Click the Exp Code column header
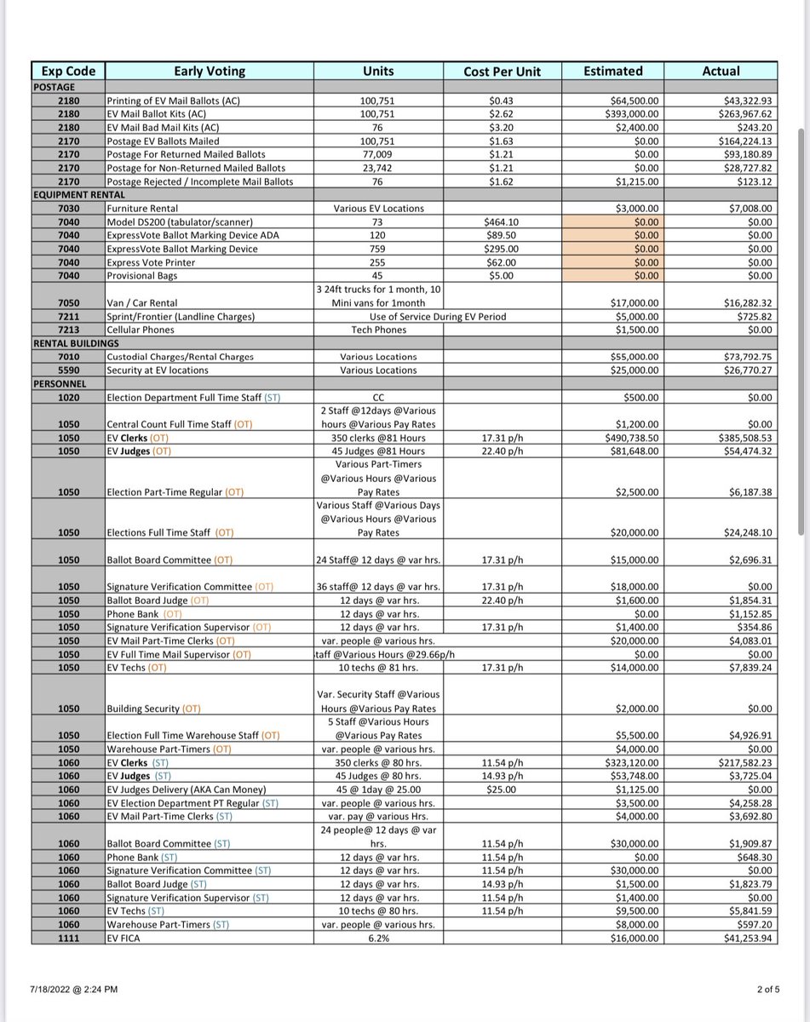pyautogui.click(x=67, y=71)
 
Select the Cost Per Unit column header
pyautogui.click(x=502, y=72)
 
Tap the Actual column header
pyautogui.click(x=721, y=71)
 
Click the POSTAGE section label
pyautogui.click(x=55, y=87)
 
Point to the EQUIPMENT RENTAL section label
pyautogui.click(x=75, y=195)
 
